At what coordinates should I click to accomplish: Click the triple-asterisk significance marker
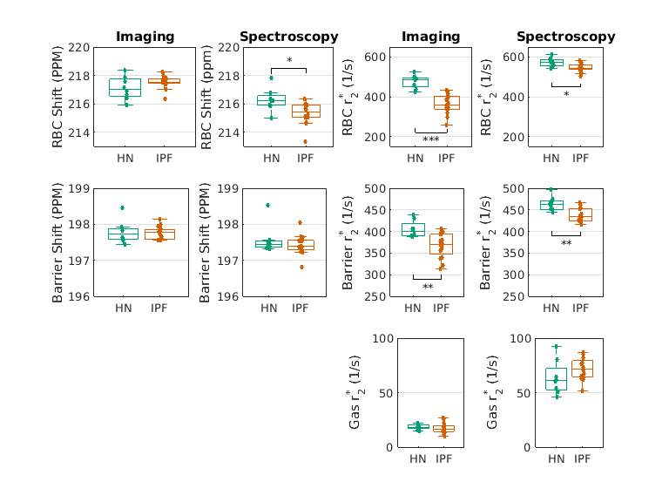(x=430, y=139)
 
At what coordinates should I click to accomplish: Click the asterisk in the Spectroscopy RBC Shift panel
(x=289, y=61)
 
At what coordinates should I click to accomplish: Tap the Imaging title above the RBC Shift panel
(x=145, y=37)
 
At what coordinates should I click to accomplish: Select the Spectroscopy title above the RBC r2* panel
(x=565, y=37)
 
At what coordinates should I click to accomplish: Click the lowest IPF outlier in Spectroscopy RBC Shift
(x=305, y=141)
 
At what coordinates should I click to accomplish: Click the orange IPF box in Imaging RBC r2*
(x=447, y=102)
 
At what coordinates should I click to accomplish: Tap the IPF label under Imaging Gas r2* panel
(x=446, y=458)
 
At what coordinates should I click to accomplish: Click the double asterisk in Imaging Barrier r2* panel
(x=428, y=288)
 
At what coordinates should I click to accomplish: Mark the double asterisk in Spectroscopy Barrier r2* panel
(x=566, y=244)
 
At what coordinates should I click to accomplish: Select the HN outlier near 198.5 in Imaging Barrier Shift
(x=122, y=207)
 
